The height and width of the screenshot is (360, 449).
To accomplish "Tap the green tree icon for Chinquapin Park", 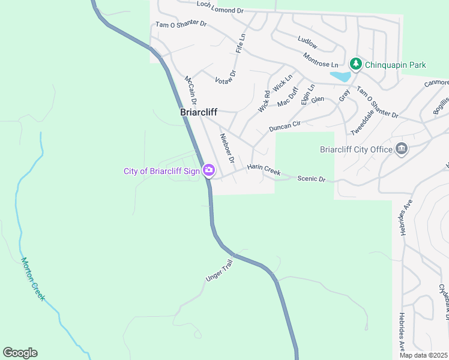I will [x=356, y=64].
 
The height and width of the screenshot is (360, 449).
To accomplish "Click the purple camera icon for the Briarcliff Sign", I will [x=208, y=170].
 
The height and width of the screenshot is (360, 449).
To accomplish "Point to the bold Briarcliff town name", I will [x=199, y=112].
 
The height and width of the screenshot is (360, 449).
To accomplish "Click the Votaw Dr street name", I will [x=226, y=77].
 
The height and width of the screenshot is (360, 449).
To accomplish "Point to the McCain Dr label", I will [x=190, y=88].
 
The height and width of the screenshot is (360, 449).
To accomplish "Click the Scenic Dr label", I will [x=311, y=179].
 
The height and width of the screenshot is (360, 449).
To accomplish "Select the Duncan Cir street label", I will [x=285, y=126].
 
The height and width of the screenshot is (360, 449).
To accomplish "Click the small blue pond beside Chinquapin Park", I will [x=340, y=76].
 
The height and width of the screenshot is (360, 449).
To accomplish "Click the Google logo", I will [x=20, y=352].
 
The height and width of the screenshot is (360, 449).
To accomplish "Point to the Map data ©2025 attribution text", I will [x=423, y=355].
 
